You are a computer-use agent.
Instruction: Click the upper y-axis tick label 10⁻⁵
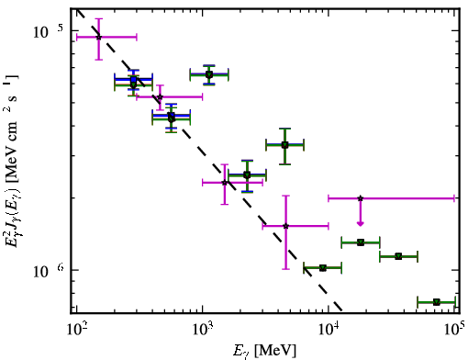(48, 31)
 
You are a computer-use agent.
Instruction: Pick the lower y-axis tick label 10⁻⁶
(49, 270)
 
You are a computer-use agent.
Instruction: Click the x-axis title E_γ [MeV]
(264, 351)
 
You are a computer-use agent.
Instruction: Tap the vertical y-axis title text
(12, 161)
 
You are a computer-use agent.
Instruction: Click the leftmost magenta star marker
(98, 37)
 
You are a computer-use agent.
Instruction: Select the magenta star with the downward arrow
(361, 198)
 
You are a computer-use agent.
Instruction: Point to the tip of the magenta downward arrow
(361, 226)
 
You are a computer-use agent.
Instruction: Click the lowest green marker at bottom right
(437, 302)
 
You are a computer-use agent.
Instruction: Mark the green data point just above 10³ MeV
(209, 74)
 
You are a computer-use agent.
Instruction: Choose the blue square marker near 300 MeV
(133, 80)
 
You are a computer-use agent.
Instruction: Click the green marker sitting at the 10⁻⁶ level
(323, 268)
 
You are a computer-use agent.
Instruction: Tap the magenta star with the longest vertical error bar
(285, 226)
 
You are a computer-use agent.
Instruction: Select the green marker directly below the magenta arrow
(361, 242)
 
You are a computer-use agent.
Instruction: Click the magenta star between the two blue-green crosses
(160, 97)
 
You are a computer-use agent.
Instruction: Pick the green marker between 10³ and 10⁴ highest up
(284, 145)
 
